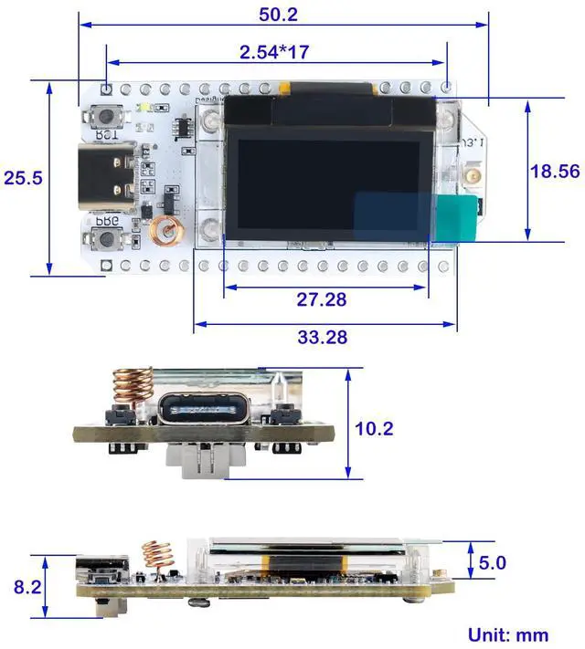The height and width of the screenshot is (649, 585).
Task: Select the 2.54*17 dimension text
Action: (274, 52)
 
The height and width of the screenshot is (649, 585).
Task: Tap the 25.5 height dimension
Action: (23, 178)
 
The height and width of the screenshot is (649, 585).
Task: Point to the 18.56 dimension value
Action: (554, 171)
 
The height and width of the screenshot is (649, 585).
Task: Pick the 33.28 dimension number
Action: (322, 337)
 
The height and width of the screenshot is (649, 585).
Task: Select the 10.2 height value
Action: (375, 427)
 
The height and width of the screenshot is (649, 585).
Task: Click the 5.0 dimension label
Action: (492, 563)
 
